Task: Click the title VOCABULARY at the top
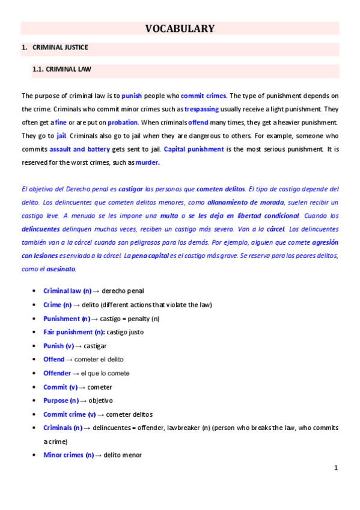(x=180, y=28)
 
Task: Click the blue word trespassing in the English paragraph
(x=201, y=109)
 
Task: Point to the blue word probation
(x=123, y=122)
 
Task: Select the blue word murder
(x=148, y=162)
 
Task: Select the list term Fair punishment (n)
(x=74, y=332)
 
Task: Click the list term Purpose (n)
(x=61, y=400)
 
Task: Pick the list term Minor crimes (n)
(x=69, y=455)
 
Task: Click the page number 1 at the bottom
(x=337, y=467)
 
